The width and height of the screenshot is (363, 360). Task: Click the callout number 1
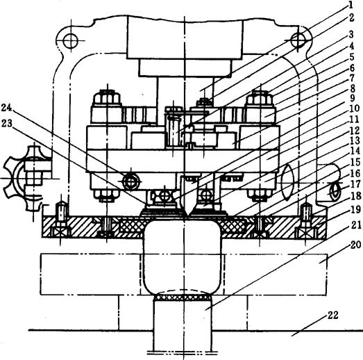351,5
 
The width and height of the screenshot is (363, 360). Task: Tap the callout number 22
332,316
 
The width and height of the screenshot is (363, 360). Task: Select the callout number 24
6,108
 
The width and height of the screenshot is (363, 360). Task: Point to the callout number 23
6,123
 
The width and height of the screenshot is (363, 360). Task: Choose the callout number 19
356,210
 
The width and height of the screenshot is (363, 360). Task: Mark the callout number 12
355,131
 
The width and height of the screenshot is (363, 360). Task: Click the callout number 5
351,57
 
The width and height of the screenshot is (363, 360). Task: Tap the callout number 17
356,185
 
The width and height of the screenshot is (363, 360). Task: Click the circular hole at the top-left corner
71,40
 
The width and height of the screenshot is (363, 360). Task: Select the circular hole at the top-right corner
299,40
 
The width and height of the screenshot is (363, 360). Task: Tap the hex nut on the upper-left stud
107,97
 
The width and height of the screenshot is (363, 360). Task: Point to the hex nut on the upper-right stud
260,98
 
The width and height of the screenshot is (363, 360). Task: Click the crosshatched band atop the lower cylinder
183,297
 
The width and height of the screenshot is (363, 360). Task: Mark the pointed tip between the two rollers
187,215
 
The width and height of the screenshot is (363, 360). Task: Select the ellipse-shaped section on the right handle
288,183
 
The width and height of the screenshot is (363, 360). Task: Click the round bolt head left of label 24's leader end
131,182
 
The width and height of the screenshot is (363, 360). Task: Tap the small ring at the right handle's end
335,191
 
